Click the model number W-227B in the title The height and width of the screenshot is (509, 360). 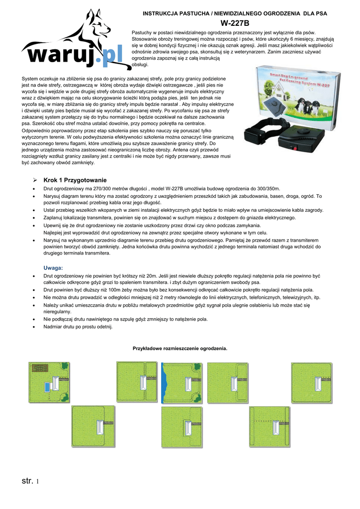235,23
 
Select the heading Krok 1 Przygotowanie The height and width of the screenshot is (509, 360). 75,180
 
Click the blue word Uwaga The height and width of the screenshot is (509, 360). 53,268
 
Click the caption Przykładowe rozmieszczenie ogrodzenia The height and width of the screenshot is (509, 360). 180,348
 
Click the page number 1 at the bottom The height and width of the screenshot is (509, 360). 37,481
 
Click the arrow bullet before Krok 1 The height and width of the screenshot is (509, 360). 35,180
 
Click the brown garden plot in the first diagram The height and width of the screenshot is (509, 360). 39,370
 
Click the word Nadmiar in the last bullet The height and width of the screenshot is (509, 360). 53,327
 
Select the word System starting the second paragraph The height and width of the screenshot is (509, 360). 31,79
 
